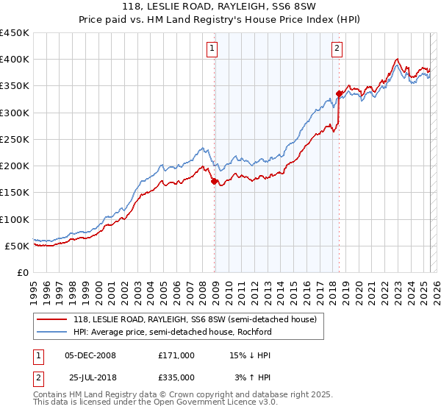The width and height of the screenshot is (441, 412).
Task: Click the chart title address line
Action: coord(220,7)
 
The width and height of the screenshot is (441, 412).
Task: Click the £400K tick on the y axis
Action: coord(15,60)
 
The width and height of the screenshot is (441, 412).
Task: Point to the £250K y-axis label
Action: coord(15,140)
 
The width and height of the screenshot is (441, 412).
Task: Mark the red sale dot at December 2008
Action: coord(214,181)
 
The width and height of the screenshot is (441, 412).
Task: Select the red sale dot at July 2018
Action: coord(339,93)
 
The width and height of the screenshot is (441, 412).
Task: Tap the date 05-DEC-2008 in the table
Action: coord(90,355)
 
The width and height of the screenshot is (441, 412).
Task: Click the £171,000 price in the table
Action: coord(176,355)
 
